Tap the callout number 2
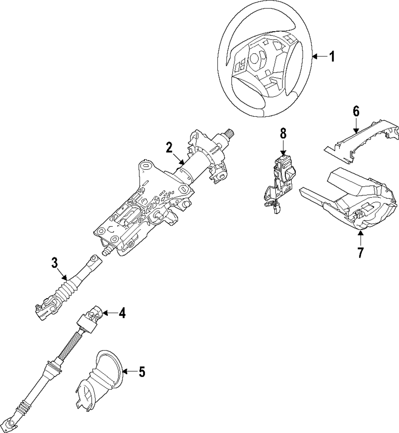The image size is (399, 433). pos(169,148)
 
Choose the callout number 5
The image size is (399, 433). pos(142,372)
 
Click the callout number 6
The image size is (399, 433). pos(356,112)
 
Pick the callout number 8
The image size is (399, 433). pos(283,134)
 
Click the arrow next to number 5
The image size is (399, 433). pos(128,372)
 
